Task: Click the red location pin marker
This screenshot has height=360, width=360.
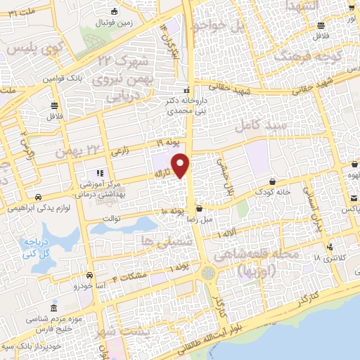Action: pos(181,165)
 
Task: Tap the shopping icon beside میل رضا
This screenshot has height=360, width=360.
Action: pos(200,208)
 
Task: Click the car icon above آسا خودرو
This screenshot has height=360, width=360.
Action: pos(89,276)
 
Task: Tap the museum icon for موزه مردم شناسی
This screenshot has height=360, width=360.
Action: pos(53,310)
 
